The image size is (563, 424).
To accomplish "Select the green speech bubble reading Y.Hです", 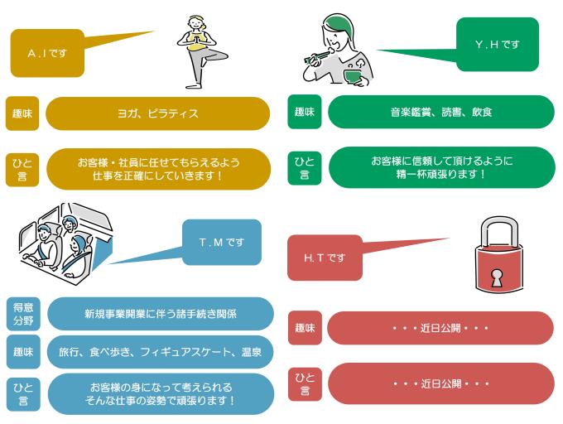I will tap(497, 45).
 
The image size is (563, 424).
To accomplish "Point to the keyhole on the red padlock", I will tap(498, 277).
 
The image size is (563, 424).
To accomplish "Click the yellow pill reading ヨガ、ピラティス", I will tap(157, 113).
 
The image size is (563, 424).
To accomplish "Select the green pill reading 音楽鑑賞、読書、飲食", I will tap(440, 112).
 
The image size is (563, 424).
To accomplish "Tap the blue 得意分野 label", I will tap(22, 314).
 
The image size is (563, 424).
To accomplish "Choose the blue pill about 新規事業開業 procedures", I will tap(160, 314).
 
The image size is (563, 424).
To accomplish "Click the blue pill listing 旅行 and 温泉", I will tap(160, 352).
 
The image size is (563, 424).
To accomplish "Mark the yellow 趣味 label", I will tap(22, 113).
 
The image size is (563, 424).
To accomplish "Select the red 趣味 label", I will tap(304, 328).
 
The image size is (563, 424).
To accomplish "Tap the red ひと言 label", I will tap(304, 383).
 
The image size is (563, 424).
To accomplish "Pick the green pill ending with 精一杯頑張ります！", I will tap(440, 167).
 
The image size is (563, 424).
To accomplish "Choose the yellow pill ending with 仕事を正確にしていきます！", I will tap(157, 169).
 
